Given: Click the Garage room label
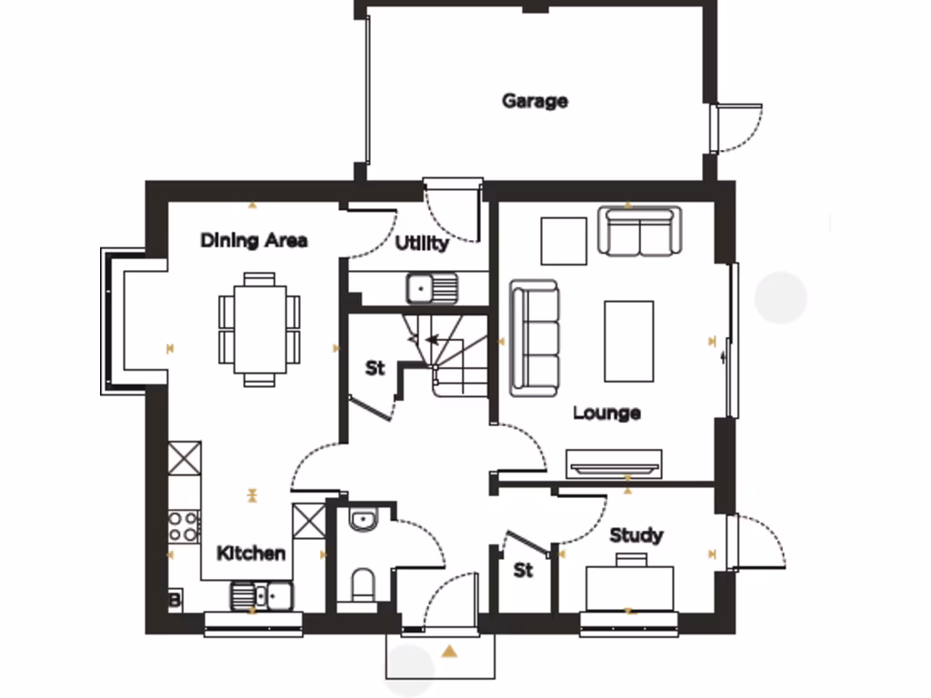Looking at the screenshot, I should [x=535, y=101].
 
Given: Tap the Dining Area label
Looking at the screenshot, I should [x=254, y=241].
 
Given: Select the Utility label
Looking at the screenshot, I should [x=422, y=244].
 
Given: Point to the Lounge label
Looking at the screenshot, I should [x=606, y=414].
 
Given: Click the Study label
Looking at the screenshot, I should [x=636, y=535].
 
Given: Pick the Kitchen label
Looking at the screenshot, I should [x=251, y=553].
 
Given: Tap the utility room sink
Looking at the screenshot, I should [x=432, y=289].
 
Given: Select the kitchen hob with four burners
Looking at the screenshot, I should [x=184, y=526].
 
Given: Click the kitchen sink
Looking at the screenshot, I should [x=262, y=596].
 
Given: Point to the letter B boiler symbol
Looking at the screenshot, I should [x=174, y=600].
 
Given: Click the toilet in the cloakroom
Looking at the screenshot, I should [x=363, y=584].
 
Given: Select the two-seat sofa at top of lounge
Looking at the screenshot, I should [x=639, y=231].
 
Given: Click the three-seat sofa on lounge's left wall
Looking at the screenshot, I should [x=534, y=337].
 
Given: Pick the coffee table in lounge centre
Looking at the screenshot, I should [x=628, y=341].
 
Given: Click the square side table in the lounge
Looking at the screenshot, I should [x=564, y=240].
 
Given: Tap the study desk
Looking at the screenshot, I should [x=629, y=587].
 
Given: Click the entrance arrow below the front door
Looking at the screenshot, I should [x=449, y=651].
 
